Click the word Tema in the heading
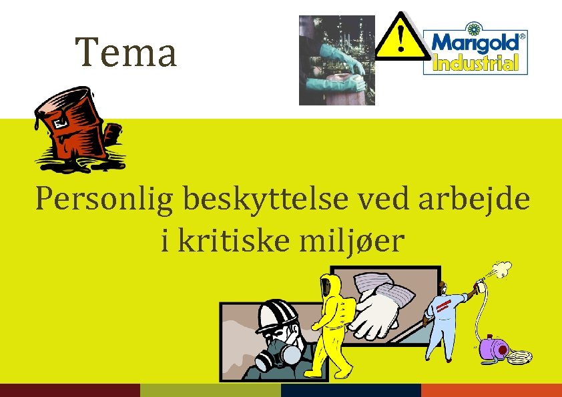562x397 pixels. point(126,53)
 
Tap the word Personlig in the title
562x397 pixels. point(103,200)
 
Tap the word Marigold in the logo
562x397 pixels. point(475,43)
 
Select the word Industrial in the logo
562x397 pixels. point(475,64)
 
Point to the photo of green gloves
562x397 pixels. point(336,60)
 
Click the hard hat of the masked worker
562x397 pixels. point(276,314)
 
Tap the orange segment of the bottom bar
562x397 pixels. point(491,390)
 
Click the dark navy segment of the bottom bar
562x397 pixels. point(351,390)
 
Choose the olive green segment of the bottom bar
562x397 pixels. point(210,390)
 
